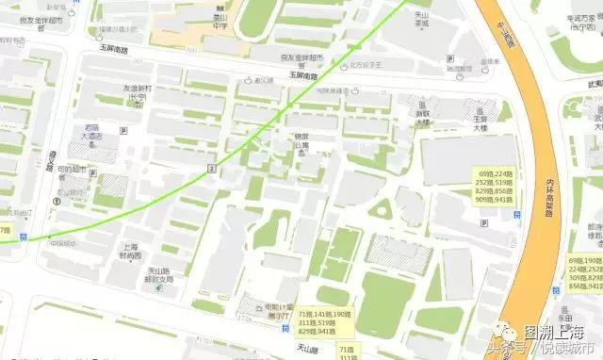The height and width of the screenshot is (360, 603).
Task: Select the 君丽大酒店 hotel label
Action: click(x=92, y=132)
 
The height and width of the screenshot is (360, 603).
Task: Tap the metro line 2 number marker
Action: click(x=212, y=168)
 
